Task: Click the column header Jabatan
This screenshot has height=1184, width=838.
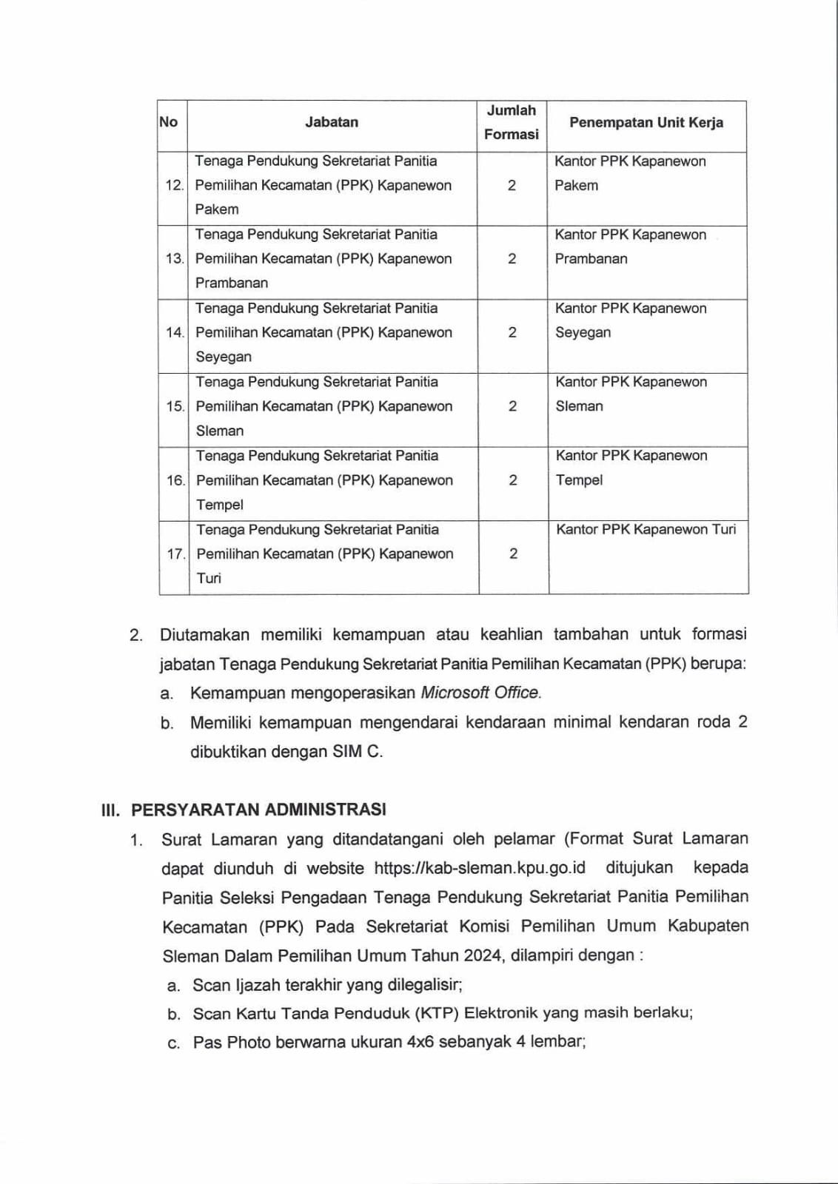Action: pyautogui.click(x=331, y=122)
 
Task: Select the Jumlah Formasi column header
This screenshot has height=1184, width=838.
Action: pyautogui.click(x=512, y=122)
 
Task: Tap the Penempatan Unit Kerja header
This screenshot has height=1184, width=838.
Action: pyautogui.click(x=646, y=122)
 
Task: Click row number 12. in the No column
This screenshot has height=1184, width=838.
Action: pyautogui.click(x=174, y=185)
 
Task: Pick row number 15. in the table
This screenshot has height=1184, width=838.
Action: pyautogui.click(x=175, y=406)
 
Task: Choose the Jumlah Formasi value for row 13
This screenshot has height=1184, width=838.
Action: pyautogui.click(x=512, y=258)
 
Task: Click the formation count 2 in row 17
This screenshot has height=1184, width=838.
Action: pyautogui.click(x=513, y=554)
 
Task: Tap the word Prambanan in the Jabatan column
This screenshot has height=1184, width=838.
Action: pyautogui.click(x=232, y=283)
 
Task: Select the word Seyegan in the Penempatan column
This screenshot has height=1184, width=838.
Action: pyautogui.click(x=583, y=332)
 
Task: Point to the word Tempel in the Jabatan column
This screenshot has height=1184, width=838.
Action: pyautogui.click(x=220, y=505)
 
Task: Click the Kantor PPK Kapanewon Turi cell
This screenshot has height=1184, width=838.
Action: pyautogui.click(x=646, y=529)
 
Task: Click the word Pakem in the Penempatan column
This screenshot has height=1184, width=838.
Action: pyautogui.click(x=576, y=185)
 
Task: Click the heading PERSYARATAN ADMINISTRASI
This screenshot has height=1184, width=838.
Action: pyautogui.click(x=258, y=809)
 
